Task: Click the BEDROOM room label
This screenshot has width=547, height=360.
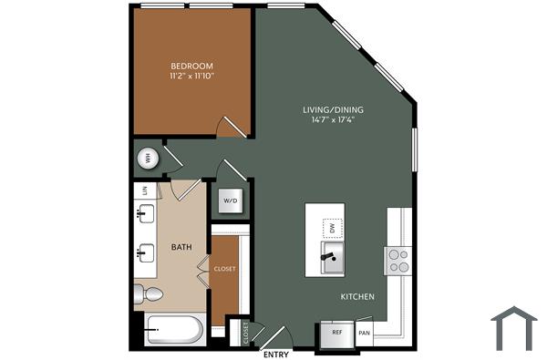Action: tap(191, 66)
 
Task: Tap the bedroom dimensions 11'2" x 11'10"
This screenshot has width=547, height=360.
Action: tap(191, 77)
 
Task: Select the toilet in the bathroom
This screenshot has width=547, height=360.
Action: tap(148, 293)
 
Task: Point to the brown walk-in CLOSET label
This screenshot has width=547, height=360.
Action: tap(224, 269)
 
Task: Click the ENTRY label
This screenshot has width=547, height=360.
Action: tap(274, 353)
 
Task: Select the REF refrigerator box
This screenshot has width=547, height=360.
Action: tap(336, 334)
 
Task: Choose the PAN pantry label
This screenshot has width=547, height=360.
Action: tap(365, 334)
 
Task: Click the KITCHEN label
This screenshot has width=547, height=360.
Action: tap(357, 297)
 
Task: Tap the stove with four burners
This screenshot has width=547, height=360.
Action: tap(398, 261)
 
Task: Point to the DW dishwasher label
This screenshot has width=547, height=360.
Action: tap(333, 227)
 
